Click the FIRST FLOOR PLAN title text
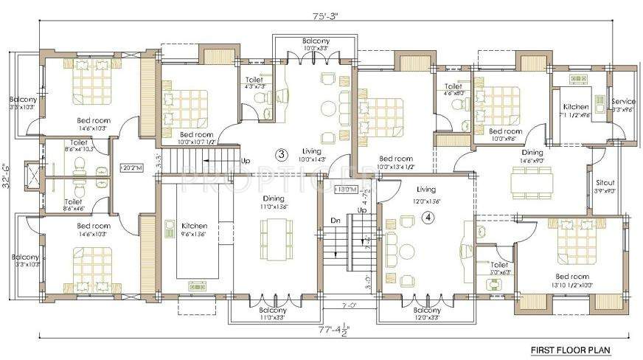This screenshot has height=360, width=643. (x=571, y=349)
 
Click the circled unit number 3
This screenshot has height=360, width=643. (x=281, y=155)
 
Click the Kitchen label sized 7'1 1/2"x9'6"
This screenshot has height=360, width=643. (x=575, y=111)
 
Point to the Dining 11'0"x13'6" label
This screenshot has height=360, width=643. (x=274, y=202)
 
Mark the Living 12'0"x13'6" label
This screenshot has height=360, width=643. (x=425, y=193)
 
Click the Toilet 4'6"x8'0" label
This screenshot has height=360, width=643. (x=453, y=89)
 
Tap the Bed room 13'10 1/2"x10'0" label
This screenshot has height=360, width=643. (x=569, y=280)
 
